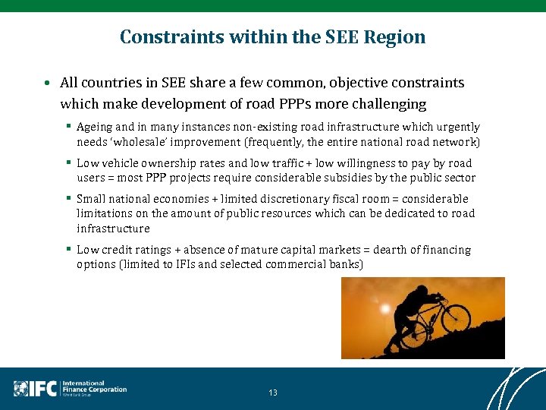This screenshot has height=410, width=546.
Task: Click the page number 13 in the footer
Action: pos(273,393)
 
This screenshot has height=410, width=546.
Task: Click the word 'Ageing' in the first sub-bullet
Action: pos(95,128)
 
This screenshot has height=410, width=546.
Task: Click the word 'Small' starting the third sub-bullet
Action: pos(91,199)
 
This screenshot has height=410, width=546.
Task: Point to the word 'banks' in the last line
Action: pos(346,264)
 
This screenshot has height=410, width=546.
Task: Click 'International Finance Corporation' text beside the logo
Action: pos(94,387)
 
